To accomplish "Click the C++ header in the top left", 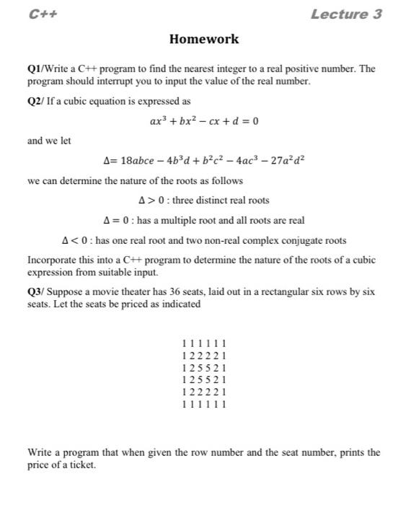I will tap(44, 14).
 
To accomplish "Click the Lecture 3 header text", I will tap(346, 14).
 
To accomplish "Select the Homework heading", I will tap(204, 39).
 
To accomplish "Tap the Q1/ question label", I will tap(37, 69).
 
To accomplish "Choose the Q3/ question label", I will tap(37, 292).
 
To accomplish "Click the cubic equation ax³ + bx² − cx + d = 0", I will tap(204, 120).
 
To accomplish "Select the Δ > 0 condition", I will tap(154, 201).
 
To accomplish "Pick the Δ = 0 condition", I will tap(117, 220).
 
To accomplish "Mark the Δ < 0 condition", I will tap(76, 240).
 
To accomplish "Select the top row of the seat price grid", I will tap(205, 343).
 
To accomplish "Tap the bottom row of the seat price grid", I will tap(205, 405).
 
